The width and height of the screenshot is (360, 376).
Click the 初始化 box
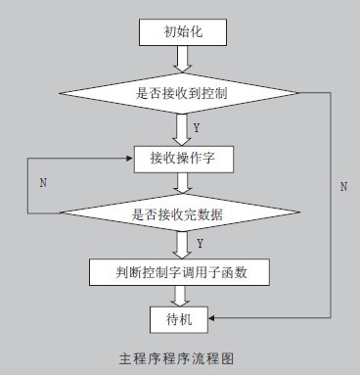[183, 32]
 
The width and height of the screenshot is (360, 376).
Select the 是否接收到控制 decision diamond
[179, 93]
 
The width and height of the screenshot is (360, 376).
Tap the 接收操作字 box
[184, 160]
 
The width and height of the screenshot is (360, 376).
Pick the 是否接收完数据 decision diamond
[180, 212]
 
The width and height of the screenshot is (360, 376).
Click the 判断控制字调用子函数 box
[179, 272]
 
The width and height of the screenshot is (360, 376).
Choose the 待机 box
[179, 319]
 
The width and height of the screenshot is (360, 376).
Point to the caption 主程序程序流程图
[176, 358]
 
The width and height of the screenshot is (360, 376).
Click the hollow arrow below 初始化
[183, 59]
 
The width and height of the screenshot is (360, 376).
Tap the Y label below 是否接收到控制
[197, 127]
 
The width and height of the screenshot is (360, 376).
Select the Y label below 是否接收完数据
[201, 243]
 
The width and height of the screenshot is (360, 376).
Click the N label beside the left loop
[43, 183]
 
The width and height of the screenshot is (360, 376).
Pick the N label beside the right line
[343, 187]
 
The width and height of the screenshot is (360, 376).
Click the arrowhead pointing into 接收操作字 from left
[130, 159]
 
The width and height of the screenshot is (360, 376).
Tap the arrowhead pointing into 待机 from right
[211, 317]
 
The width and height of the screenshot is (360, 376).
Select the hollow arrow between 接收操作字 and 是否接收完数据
[183, 183]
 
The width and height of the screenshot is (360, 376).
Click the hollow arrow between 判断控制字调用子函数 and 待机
[180, 296]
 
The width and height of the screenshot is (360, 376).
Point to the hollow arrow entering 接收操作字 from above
[182, 130]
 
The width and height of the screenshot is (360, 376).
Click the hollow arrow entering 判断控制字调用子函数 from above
[182, 246]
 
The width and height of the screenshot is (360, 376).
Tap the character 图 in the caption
[228, 358]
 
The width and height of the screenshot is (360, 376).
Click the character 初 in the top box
[169, 32]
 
